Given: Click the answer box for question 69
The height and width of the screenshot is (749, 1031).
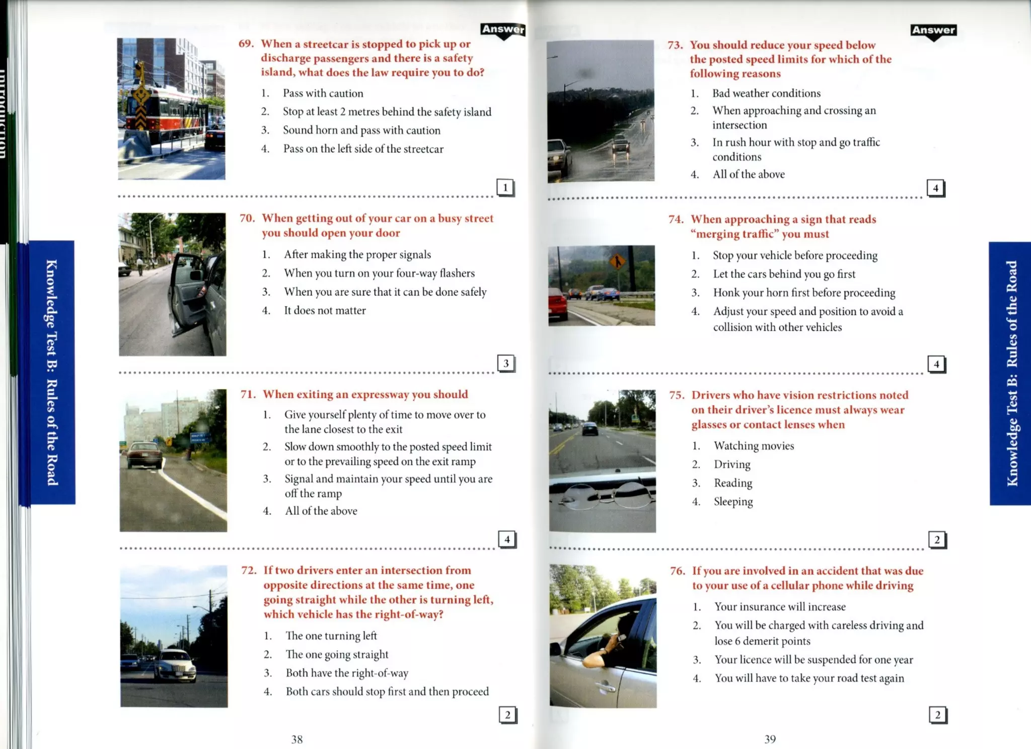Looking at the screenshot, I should (x=505, y=187).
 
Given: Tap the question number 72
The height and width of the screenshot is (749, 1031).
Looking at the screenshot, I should (x=249, y=570).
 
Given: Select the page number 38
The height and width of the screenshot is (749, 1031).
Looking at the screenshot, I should (x=297, y=739).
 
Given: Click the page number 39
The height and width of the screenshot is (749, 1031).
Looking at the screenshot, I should (x=770, y=739).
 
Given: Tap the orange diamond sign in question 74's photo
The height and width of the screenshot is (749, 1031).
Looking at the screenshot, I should (x=617, y=261).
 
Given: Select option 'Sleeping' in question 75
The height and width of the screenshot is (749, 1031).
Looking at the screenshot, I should (x=733, y=502).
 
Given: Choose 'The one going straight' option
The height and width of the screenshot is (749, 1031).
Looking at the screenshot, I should (x=337, y=654).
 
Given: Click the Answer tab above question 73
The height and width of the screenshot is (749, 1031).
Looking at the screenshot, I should (x=933, y=30).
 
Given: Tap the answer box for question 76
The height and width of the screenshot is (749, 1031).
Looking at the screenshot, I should (x=937, y=715).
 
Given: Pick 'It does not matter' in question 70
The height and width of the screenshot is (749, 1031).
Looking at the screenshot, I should (x=325, y=311).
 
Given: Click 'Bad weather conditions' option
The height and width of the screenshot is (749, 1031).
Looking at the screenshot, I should (x=766, y=93).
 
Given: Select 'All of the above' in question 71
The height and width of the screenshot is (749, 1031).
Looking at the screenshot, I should (x=321, y=511).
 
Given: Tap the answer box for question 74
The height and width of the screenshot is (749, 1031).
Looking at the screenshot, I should (x=936, y=364).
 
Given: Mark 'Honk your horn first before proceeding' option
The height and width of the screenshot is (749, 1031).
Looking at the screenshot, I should (x=804, y=293).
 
